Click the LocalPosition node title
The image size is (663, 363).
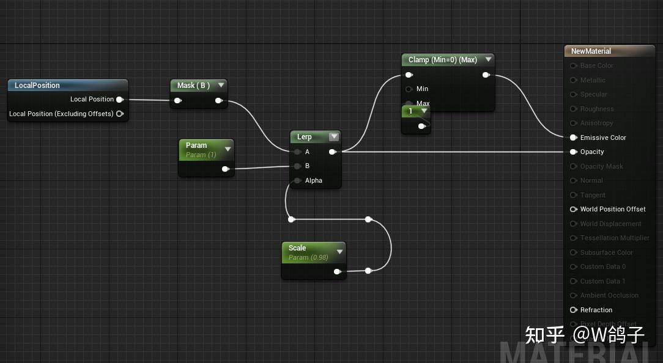tap(37, 86)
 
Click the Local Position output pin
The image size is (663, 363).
tap(119, 99)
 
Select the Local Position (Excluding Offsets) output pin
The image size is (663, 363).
tap(120, 114)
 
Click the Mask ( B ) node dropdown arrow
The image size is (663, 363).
tap(221, 86)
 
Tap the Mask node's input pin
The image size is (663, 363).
tap(177, 101)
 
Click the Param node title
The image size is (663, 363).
tap(196, 145)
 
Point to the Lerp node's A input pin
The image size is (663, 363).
tap(297, 152)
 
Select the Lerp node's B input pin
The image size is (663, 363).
tap(297, 166)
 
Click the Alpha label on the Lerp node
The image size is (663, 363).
tap(313, 180)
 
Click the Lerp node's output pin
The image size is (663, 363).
tap(332, 152)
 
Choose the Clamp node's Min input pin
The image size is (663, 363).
tap(409, 89)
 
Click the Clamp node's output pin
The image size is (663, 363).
tap(486, 75)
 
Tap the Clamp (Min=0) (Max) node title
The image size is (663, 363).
tap(442, 60)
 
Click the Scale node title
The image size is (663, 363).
tap(297, 248)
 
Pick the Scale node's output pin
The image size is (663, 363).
tap(337, 271)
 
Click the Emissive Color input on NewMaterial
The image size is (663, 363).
tap(574, 137)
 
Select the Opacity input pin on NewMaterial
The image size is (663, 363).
tap(574, 152)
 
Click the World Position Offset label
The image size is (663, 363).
tap(613, 209)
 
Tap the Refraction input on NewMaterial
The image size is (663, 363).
tap(574, 310)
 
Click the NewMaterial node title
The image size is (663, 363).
tap(591, 51)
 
